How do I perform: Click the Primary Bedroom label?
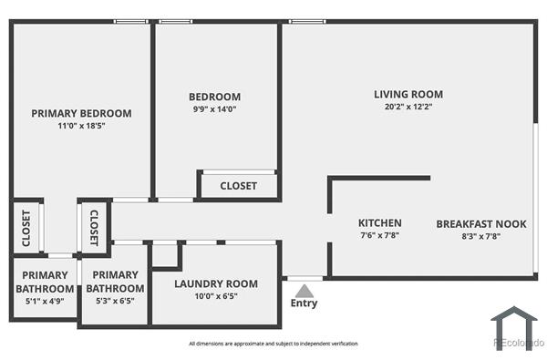coord(81,113)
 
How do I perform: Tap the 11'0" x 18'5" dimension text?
coord(81,126)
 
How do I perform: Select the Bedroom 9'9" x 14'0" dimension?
coord(214,110)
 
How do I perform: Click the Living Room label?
coord(408,94)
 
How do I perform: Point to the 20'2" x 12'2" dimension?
coord(408,107)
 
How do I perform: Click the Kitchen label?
coord(379,223)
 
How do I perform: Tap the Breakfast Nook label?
coord(469,223)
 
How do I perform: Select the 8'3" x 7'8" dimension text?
coord(469,236)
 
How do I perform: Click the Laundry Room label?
coord(215,283)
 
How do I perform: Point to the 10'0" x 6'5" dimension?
coord(215,296)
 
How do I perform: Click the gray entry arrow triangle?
coord(304,290)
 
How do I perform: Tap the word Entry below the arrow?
coord(304,303)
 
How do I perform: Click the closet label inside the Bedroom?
coord(238,186)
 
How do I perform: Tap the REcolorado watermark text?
coord(518,344)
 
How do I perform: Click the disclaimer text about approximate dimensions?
coord(273,344)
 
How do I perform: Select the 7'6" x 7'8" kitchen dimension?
coord(379,236)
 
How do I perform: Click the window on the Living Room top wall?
coord(302,21)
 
